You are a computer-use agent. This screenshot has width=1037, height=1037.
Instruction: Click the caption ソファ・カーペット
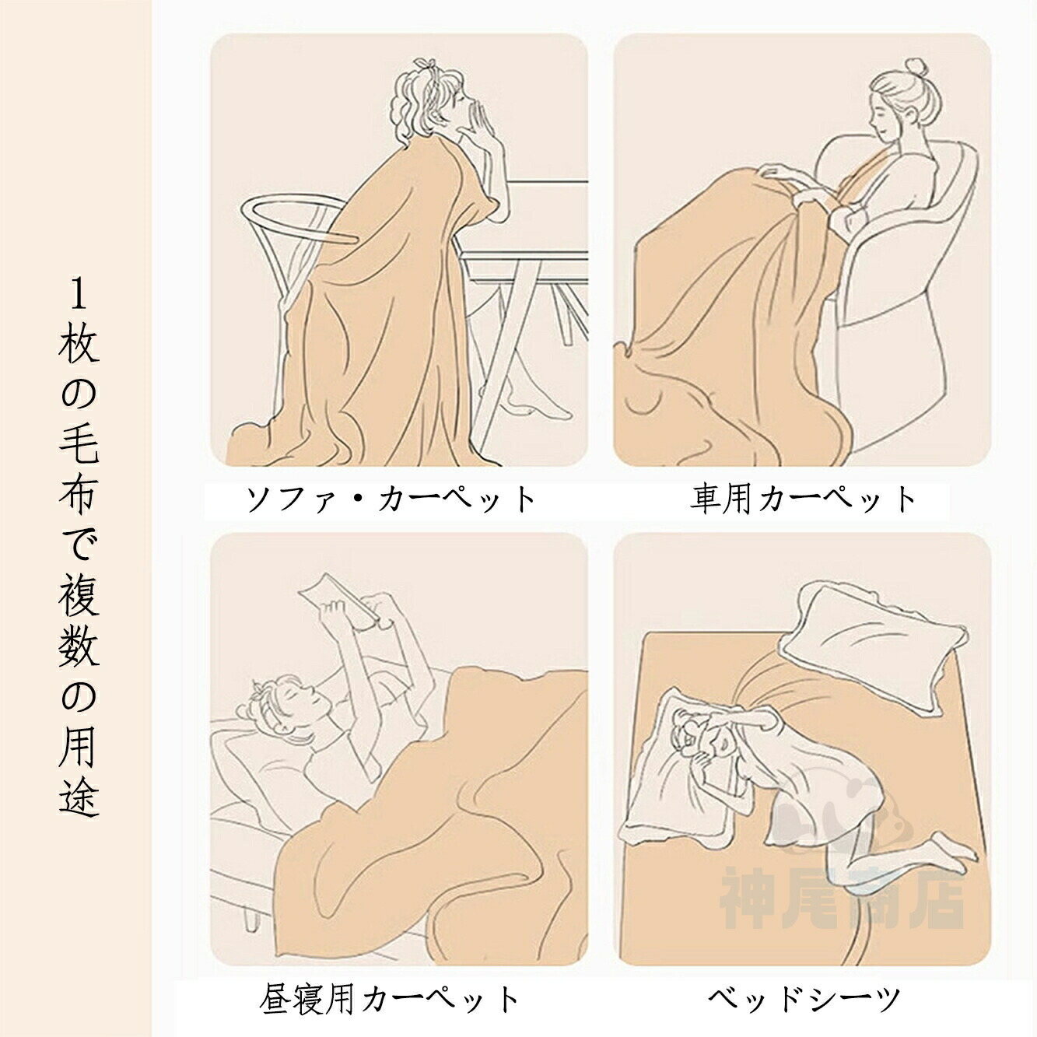click(x=391, y=499)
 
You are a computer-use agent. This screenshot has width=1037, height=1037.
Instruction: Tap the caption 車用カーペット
click(x=802, y=499)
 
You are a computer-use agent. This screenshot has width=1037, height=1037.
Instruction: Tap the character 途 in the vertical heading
click(x=78, y=795)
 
